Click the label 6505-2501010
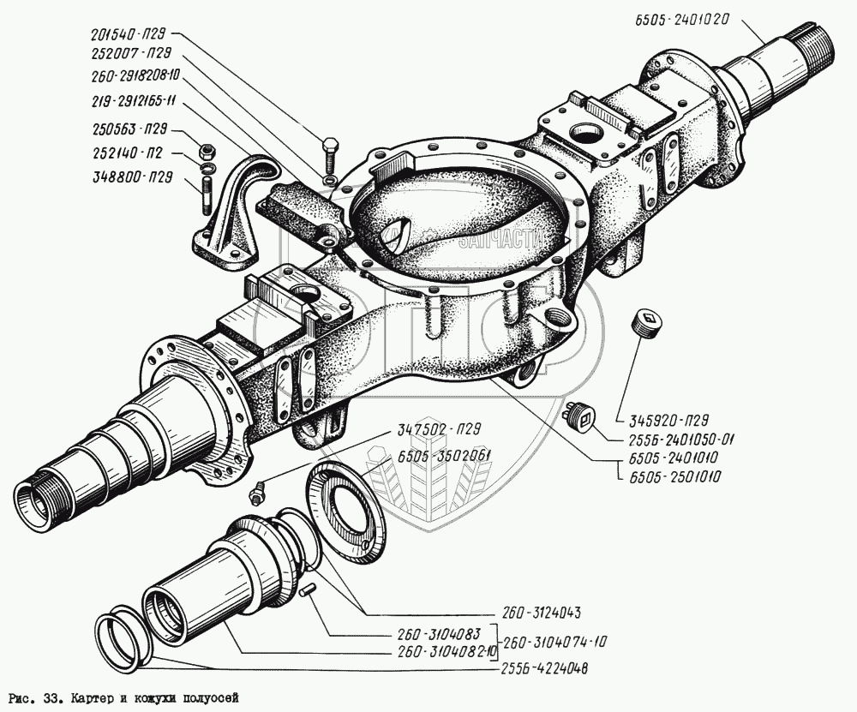[668, 474]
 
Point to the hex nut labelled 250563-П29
[206, 152]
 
